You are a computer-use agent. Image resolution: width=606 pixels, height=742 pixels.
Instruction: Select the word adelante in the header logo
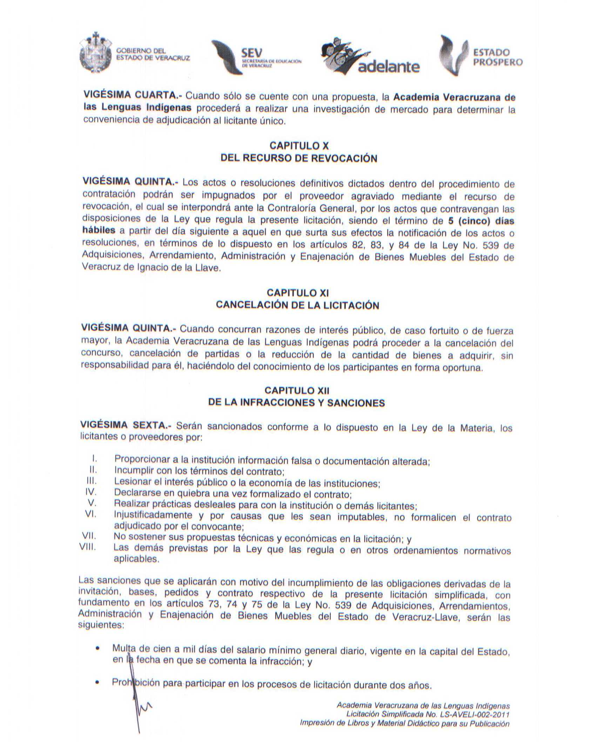tap(389, 67)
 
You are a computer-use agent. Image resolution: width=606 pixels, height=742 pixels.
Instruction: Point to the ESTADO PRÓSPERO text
tap(497, 58)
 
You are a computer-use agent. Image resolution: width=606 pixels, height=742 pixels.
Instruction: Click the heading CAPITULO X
tap(299, 146)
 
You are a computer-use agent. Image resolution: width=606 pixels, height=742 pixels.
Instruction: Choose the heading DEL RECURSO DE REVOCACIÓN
tap(299, 158)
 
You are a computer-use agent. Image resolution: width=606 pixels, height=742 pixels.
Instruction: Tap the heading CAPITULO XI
tap(298, 293)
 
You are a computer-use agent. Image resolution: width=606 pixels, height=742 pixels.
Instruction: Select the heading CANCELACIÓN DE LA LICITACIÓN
tap(297, 305)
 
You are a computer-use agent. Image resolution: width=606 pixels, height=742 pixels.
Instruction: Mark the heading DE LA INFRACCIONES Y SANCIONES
tap(296, 403)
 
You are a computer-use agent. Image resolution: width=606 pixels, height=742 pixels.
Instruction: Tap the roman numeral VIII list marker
tap(88, 547)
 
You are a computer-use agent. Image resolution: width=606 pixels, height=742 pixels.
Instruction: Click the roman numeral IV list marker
tap(90, 492)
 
